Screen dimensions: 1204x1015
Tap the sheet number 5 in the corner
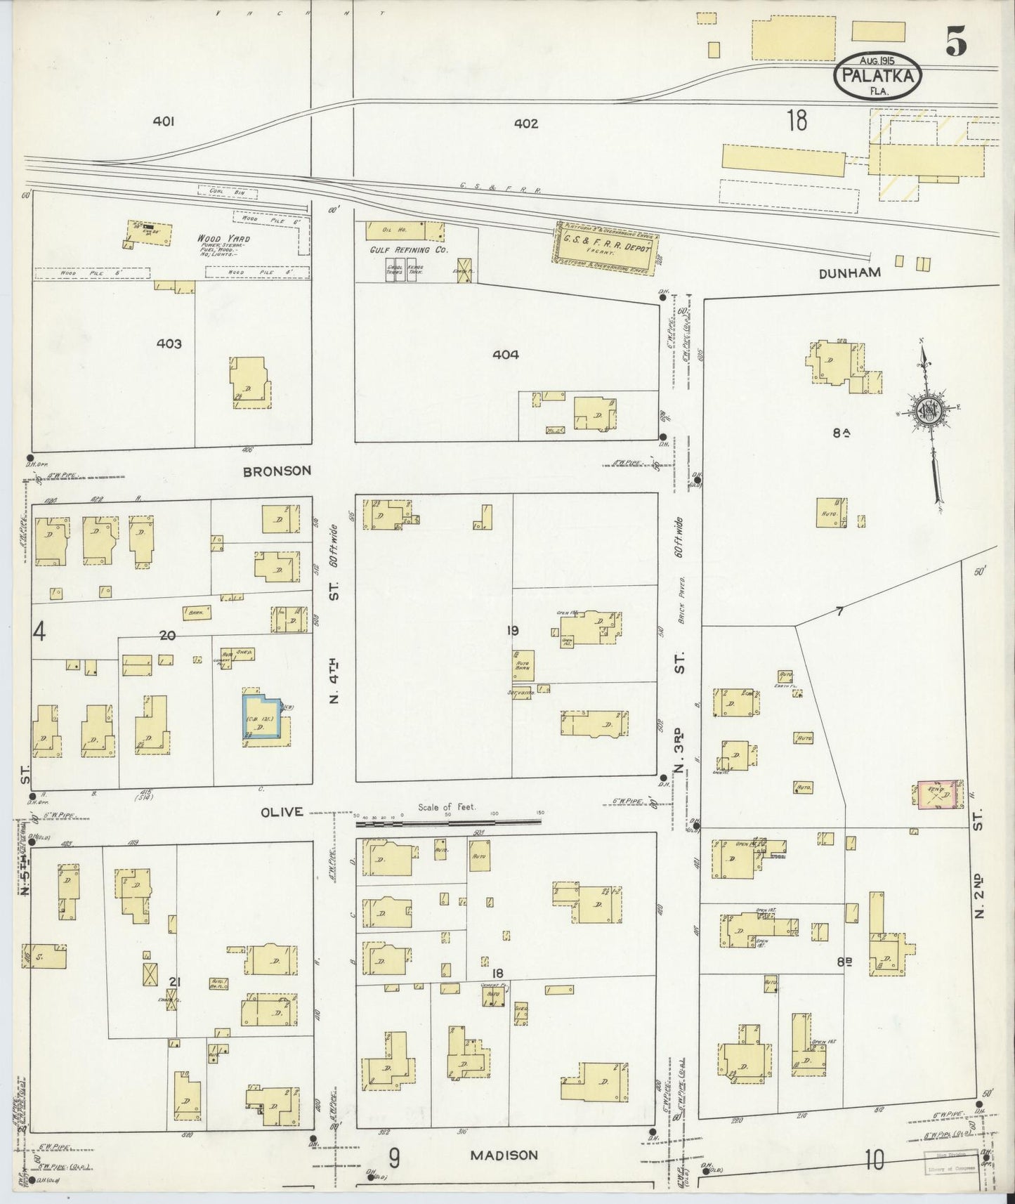point(955,44)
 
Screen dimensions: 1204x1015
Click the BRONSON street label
point(277,471)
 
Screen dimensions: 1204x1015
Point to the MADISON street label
point(504,1155)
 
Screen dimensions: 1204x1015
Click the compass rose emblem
point(928,411)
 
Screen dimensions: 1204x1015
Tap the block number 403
point(169,343)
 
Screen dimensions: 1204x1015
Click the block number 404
point(505,355)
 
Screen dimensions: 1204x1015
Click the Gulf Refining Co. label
point(408,249)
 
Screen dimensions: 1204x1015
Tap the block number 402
point(525,124)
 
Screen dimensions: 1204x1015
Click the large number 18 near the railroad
point(797,121)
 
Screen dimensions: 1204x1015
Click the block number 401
point(163,122)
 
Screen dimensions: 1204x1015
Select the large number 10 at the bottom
point(874,1160)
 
